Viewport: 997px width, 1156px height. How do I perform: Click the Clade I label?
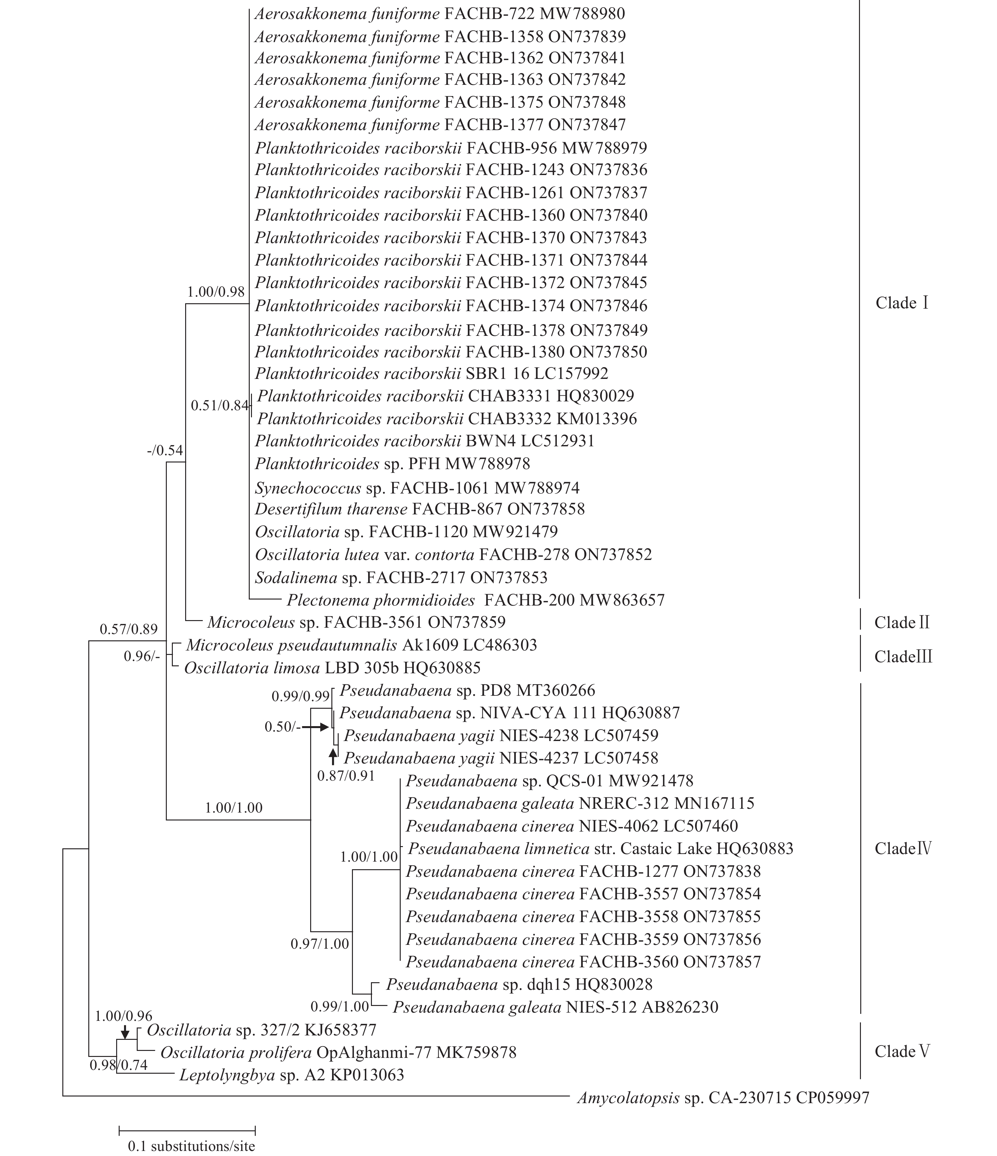point(902,303)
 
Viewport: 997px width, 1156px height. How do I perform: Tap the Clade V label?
point(902,1052)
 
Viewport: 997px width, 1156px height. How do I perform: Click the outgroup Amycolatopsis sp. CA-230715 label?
point(723,1098)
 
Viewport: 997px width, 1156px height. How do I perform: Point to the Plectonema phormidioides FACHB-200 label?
point(475,600)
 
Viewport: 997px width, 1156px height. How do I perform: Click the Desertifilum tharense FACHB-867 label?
point(420,509)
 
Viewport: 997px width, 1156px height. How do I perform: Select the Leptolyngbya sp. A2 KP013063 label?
point(291,1075)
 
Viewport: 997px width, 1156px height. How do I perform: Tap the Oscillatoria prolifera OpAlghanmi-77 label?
point(338,1053)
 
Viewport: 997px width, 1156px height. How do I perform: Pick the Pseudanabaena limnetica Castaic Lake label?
point(600,849)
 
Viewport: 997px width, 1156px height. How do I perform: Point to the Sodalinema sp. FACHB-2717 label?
point(401,577)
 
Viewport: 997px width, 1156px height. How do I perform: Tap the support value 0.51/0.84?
point(219,405)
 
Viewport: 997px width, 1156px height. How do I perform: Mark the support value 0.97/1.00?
point(320,944)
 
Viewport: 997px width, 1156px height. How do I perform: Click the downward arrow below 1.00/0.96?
point(125,1032)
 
